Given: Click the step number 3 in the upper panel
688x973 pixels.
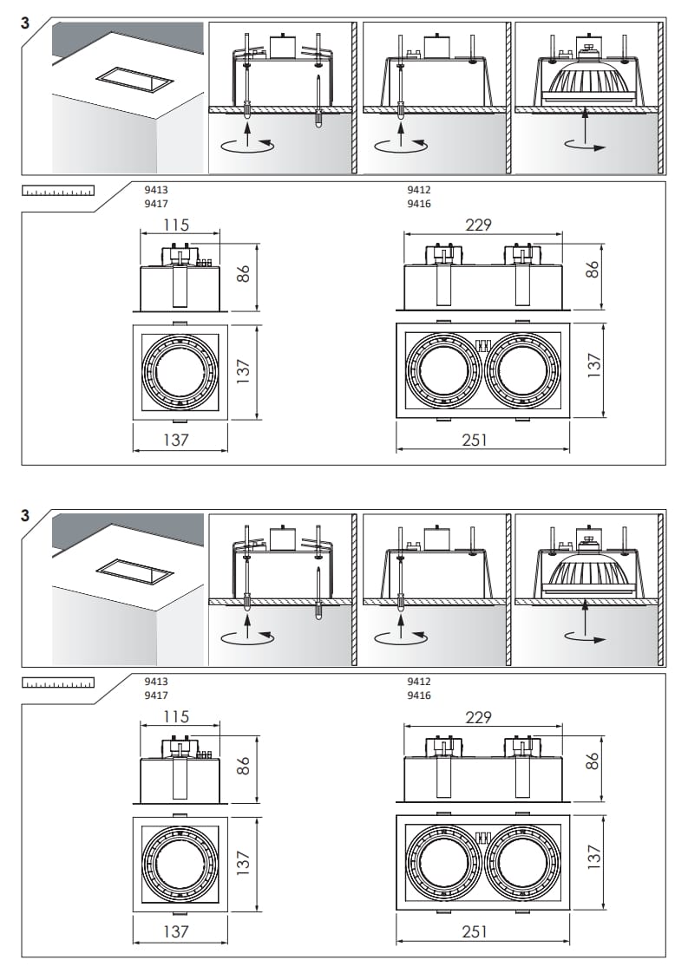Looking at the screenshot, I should pyautogui.click(x=25, y=23).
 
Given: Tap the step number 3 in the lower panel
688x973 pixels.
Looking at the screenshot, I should pyautogui.click(x=25, y=515).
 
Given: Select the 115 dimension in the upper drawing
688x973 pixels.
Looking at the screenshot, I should pyautogui.click(x=176, y=225).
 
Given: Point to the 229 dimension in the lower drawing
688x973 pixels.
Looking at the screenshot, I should pyautogui.click(x=478, y=717).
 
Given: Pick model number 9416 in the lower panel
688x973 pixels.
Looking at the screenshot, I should pyautogui.click(x=418, y=695).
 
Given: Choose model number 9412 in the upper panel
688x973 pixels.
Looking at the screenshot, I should pyautogui.click(x=418, y=189).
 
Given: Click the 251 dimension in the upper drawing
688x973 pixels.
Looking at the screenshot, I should pyautogui.click(x=475, y=440).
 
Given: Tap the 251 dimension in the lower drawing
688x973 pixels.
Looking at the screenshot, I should pyautogui.click(x=475, y=931).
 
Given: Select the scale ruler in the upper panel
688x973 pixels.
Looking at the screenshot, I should pyautogui.click(x=58, y=191).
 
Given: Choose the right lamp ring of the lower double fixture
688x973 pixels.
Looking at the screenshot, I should pyautogui.click(x=519, y=863).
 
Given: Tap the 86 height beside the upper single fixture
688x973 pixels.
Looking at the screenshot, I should pyautogui.click(x=245, y=273).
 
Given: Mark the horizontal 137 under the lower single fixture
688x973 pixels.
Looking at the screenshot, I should pyautogui.click(x=176, y=931).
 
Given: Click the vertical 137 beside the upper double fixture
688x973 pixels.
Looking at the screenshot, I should pyautogui.click(x=593, y=365).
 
